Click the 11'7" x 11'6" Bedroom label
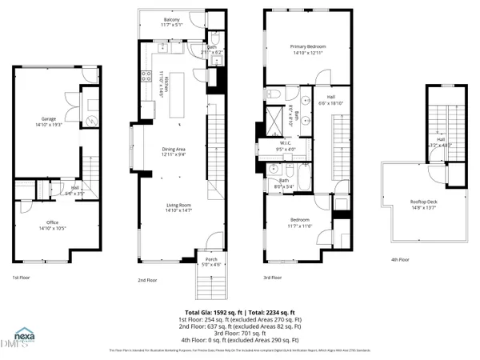296,223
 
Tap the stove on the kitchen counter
146,78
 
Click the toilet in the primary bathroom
272,95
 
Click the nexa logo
22,338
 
